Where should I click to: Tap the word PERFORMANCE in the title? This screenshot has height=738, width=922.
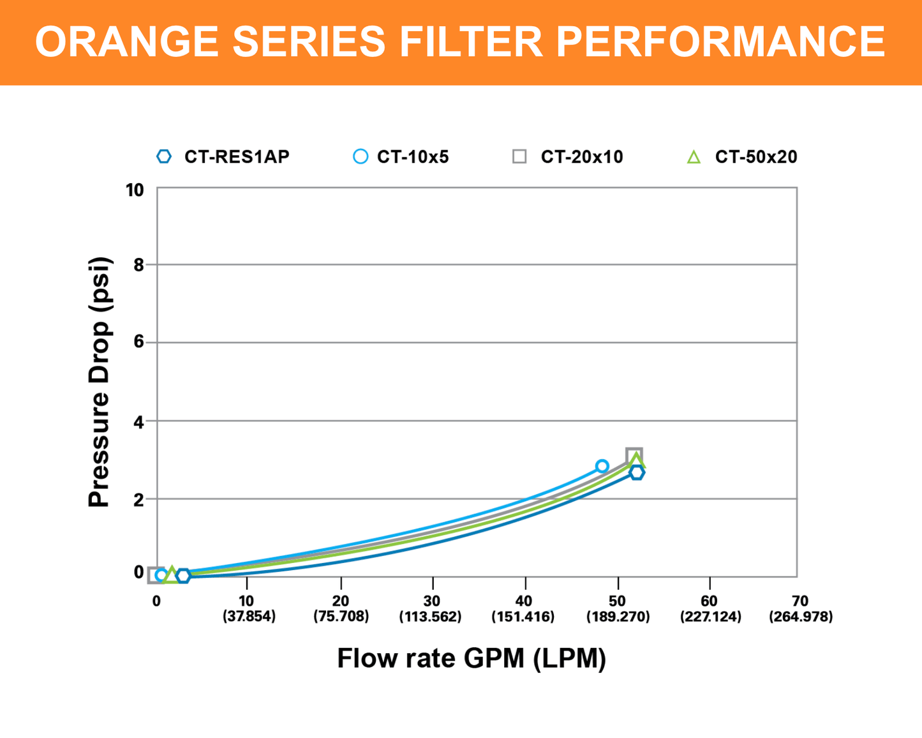point(720,42)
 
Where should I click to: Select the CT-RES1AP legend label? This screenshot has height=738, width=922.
point(237,157)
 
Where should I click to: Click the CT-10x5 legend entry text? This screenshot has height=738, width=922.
point(413,157)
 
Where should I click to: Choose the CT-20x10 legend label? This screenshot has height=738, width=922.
point(582,157)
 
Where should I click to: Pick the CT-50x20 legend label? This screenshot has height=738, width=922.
point(756,157)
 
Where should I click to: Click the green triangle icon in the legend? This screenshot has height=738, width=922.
point(694,157)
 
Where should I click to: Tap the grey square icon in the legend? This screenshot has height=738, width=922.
point(519,156)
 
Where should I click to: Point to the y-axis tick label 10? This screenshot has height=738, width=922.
point(135,190)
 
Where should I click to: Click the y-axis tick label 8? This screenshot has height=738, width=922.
point(139,265)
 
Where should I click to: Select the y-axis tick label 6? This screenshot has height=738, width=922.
point(139,342)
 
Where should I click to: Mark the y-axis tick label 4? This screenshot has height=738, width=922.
point(139,421)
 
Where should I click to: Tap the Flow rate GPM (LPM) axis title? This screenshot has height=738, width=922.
point(472,658)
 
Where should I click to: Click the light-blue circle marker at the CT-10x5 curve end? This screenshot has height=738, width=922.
point(602,466)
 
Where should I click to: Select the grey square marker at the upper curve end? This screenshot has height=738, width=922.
point(634,455)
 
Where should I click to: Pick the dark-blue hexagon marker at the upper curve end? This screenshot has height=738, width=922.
point(637,473)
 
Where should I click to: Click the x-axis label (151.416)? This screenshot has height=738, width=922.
point(523,617)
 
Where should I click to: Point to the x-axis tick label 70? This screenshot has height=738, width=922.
point(799,601)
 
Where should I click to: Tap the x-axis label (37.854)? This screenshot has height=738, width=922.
point(249,617)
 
